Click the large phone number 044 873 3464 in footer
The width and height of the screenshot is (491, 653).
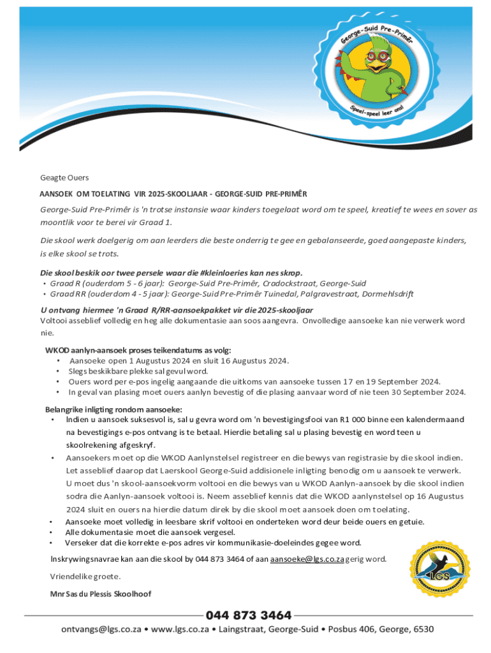pos(248,615)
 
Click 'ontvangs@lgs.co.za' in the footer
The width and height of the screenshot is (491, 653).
pos(101,629)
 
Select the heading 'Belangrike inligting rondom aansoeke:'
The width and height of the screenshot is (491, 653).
pos(114,409)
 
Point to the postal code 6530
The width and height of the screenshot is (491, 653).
pos(421,629)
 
